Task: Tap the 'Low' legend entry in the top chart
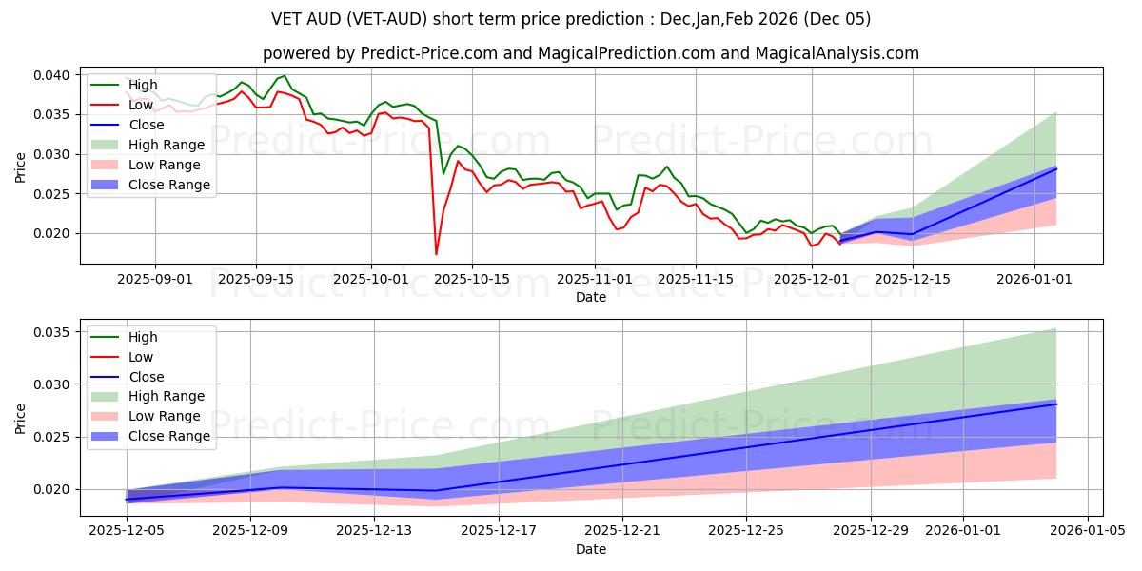click(x=140, y=105)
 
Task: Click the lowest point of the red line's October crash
click(x=437, y=254)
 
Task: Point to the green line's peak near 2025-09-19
click(x=284, y=76)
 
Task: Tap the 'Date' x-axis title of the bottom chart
click(x=590, y=550)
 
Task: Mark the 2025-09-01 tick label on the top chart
click(x=155, y=279)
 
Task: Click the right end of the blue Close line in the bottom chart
click(x=1056, y=404)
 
